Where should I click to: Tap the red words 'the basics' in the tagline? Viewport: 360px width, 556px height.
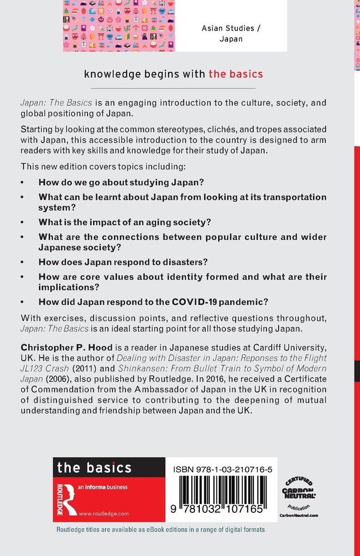(235, 74)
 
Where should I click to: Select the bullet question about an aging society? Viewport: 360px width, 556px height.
(125, 222)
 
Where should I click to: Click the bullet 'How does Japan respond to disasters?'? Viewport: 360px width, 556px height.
(123, 262)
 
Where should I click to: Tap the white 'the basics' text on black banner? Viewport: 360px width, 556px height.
(94, 467)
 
